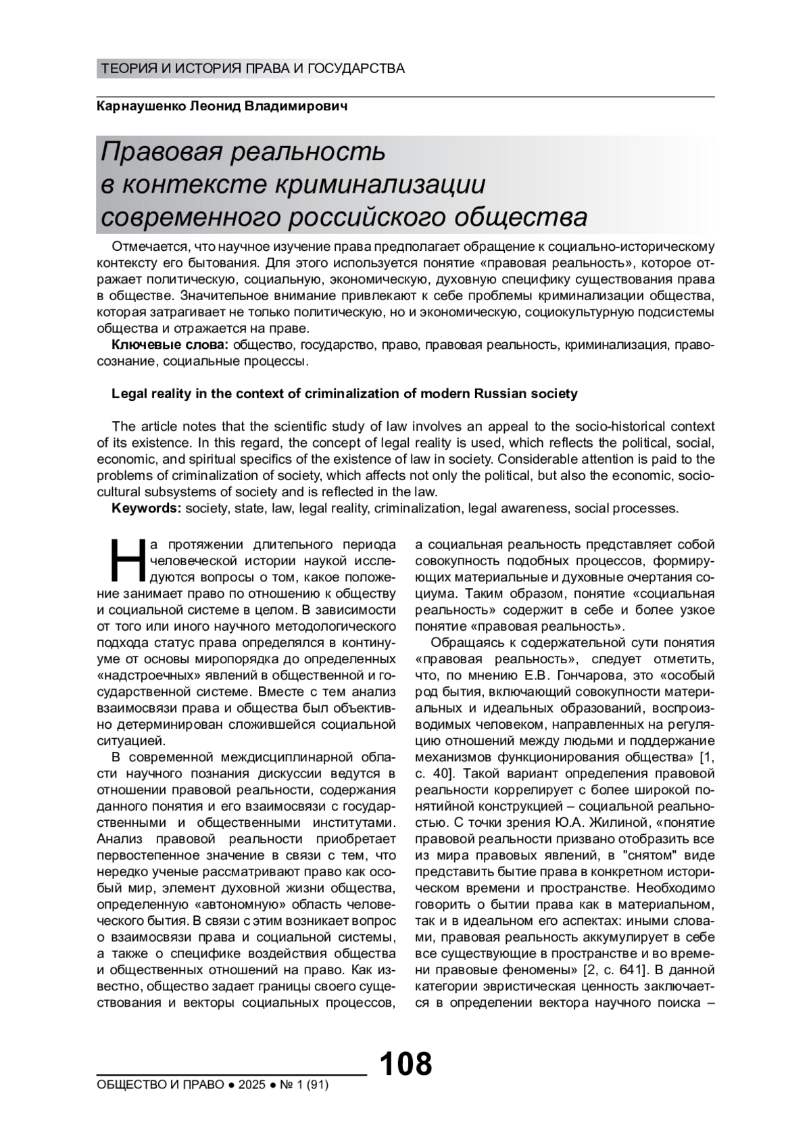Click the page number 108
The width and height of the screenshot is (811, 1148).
[405, 1063]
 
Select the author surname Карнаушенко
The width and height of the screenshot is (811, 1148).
[145, 107]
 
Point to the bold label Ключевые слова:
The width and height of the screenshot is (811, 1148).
[170, 345]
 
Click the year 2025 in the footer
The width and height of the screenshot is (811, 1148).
[251, 1085]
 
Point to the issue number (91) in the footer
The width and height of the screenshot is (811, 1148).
[316, 1085]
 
